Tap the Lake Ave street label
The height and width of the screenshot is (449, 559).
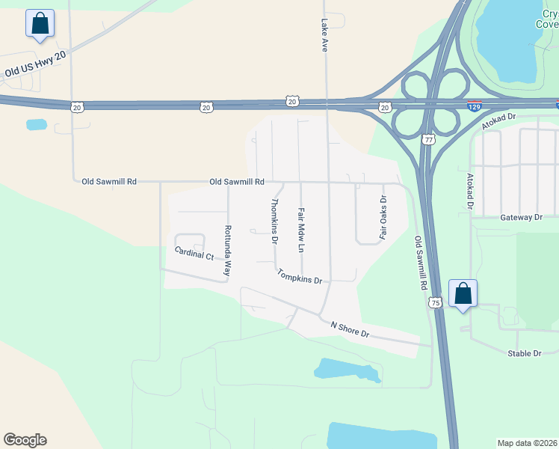324,34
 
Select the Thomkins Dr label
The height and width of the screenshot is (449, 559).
274,222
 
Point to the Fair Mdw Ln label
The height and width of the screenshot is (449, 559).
302,228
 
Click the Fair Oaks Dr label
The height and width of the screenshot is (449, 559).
384,217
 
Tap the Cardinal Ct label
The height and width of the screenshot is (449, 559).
194,254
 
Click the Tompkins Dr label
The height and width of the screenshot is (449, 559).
299,276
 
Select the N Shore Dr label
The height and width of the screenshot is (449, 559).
350,327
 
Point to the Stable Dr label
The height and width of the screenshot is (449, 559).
524,353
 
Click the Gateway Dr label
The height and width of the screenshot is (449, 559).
521,217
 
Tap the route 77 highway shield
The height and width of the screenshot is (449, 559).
427,139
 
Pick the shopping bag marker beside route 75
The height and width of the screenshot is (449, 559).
463,293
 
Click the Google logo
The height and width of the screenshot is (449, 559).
25,440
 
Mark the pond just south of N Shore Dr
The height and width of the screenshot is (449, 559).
346,370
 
